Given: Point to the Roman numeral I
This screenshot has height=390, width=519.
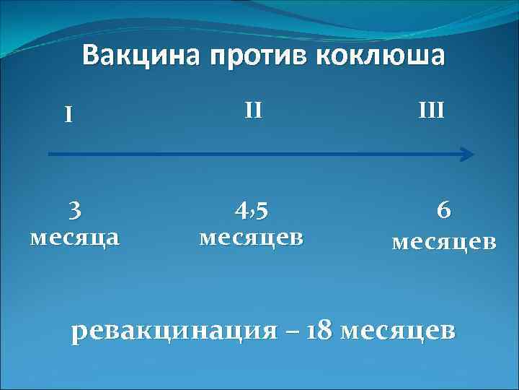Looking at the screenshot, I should point(68,115).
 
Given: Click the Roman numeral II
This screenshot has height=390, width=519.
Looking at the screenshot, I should point(253,110).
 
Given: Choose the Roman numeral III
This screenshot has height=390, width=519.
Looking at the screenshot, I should point(432,110).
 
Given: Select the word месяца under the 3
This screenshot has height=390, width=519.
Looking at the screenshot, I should point(74,238).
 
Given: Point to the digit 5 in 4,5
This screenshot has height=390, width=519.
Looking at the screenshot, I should point(263,210).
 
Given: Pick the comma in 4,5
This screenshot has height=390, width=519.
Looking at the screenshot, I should point(252,215).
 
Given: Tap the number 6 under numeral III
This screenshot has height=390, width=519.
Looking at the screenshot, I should point(444,210).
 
